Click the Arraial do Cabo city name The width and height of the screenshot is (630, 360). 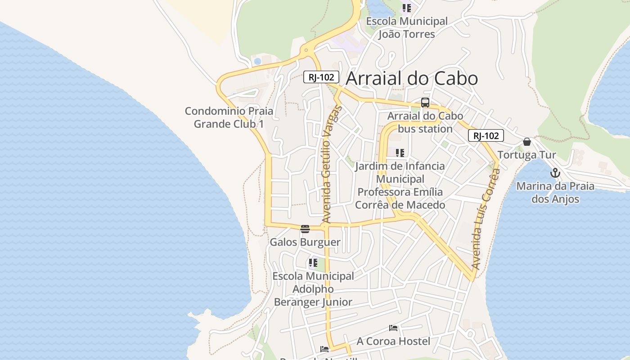pyautogui.click(x=411, y=79)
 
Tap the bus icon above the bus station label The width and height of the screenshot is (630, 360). pyautogui.click(x=425, y=103)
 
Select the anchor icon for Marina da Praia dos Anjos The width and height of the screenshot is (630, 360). pyautogui.click(x=555, y=173)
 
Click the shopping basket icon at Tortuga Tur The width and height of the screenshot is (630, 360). pyautogui.click(x=527, y=142)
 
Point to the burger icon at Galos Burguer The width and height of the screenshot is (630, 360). pyautogui.click(x=305, y=229)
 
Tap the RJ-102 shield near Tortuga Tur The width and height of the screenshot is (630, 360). pyautogui.click(x=486, y=135)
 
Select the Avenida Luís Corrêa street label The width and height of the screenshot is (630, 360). pyautogui.click(x=485, y=220)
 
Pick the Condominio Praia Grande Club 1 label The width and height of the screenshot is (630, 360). pyautogui.click(x=229, y=117)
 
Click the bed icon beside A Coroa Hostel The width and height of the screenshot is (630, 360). pyautogui.click(x=393, y=328)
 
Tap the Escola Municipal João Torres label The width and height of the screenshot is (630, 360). pyautogui.click(x=407, y=27)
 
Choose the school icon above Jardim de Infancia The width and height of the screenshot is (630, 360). pyautogui.click(x=400, y=153)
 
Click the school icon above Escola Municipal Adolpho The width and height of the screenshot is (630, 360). pyautogui.click(x=313, y=263)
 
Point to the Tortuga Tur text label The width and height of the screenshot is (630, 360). pyautogui.click(x=527, y=155)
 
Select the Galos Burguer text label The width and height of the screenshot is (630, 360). pyautogui.click(x=305, y=242)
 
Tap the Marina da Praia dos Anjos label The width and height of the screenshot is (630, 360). pyautogui.click(x=555, y=193)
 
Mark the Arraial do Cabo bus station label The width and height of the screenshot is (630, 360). pyautogui.click(x=425, y=122)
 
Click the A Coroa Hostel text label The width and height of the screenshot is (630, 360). pyautogui.click(x=393, y=341)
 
